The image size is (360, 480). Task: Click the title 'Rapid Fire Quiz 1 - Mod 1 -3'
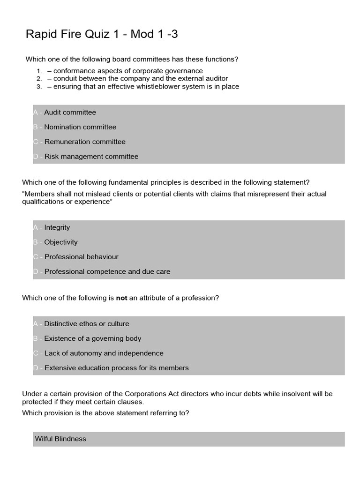coord(102,34)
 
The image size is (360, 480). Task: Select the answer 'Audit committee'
coord(70,112)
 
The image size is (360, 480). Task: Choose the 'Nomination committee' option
coord(80,127)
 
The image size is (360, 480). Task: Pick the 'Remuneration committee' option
coord(85,142)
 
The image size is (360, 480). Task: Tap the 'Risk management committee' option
coord(91,157)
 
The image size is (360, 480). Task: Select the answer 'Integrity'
coord(57,227)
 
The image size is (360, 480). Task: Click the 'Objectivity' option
coord(61,242)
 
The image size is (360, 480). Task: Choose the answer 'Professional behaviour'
coord(81,257)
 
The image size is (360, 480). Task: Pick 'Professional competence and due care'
coord(107,271)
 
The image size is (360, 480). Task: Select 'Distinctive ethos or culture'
coord(87,324)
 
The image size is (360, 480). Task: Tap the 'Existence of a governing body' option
coord(93,338)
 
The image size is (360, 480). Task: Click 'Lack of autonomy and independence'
coord(104,353)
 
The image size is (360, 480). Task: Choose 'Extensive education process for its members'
coord(116,368)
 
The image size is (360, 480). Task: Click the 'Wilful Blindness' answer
coord(60,439)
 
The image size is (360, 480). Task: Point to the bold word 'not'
coord(121,298)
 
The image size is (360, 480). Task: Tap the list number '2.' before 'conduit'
coord(39,79)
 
